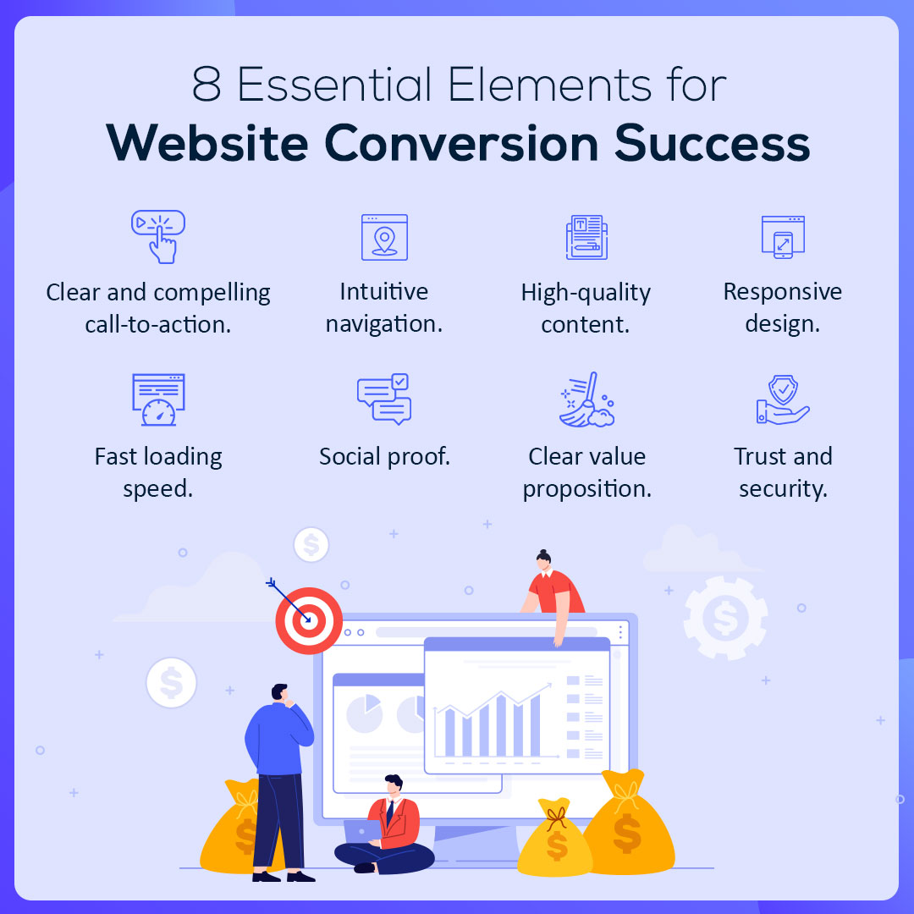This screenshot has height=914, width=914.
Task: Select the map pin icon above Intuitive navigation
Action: (384, 237)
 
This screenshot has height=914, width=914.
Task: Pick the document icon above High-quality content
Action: (586, 237)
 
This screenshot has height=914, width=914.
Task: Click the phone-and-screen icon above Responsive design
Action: (783, 236)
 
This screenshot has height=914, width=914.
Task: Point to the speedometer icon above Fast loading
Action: (158, 400)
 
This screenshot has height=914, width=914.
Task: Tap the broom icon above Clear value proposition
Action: (586, 399)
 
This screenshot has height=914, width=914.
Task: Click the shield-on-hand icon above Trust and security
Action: (783, 400)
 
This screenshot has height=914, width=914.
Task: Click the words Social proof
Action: (384, 457)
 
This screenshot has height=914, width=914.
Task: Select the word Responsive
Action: (783, 292)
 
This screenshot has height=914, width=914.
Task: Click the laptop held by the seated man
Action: (361, 830)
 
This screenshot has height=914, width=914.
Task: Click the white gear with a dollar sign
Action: (725, 618)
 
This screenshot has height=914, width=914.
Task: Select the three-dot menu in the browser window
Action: (620, 632)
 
